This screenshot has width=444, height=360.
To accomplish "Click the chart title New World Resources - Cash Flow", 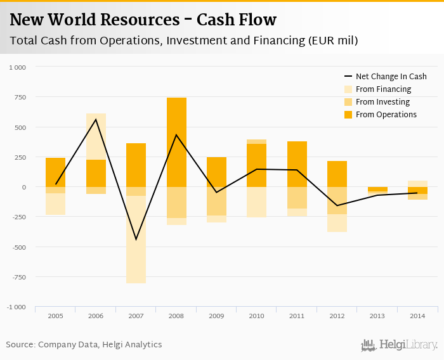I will [x=143, y=20].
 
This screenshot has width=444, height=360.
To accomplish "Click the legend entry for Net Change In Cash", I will [x=391, y=77].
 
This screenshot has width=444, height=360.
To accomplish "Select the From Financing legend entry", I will [x=383, y=89].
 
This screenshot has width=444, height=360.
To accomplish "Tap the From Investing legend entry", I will [x=382, y=102].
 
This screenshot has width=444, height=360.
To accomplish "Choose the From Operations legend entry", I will [x=386, y=115].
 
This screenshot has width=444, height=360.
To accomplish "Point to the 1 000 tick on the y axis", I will [x=17, y=67].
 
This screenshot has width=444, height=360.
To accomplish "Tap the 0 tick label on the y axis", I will [x=24, y=187].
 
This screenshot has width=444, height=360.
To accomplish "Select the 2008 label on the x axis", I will [x=176, y=315].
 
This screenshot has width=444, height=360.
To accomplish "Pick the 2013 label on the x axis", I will [x=377, y=315].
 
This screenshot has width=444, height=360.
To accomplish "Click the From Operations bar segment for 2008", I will [x=176, y=143].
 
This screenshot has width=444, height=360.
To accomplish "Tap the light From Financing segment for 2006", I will [x=96, y=136].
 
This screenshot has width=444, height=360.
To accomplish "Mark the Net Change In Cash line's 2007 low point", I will [x=136, y=240].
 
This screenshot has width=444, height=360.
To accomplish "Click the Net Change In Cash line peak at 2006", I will [x=96, y=119].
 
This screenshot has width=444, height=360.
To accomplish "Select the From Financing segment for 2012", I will [x=337, y=223].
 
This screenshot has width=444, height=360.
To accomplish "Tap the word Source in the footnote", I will [x=20, y=345].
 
